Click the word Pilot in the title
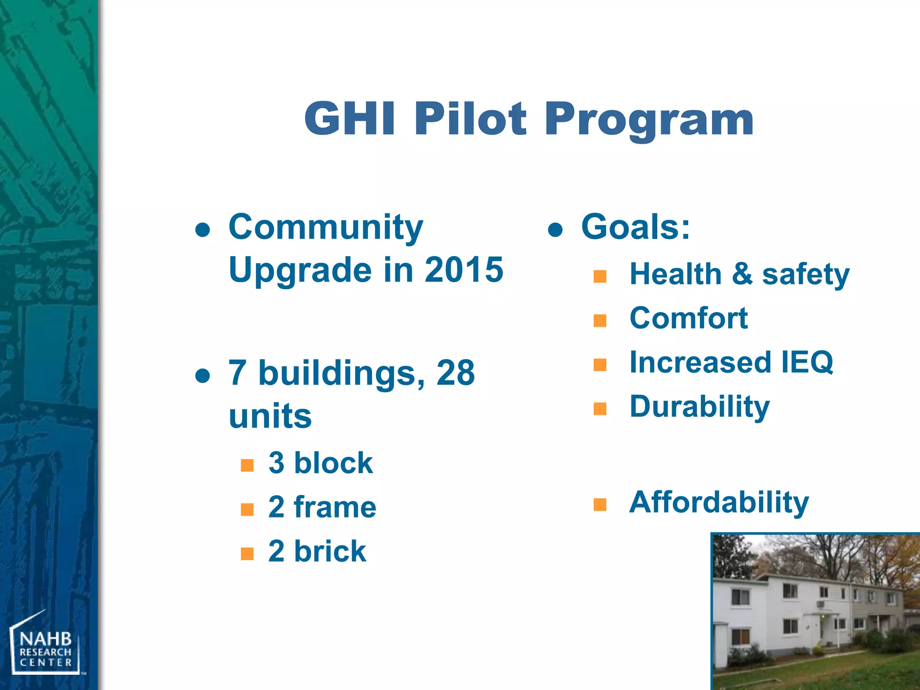coord(470,119)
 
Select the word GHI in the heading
coord(350,119)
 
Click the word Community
coord(326,227)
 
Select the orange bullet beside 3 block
coord(247,465)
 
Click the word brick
coord(330,551)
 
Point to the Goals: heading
coord(635,227)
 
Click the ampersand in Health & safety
coord(742,274)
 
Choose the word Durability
coord(699,407)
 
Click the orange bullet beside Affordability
coord(600,504)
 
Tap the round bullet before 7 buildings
coord(203,376)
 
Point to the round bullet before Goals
coord(556,230)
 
